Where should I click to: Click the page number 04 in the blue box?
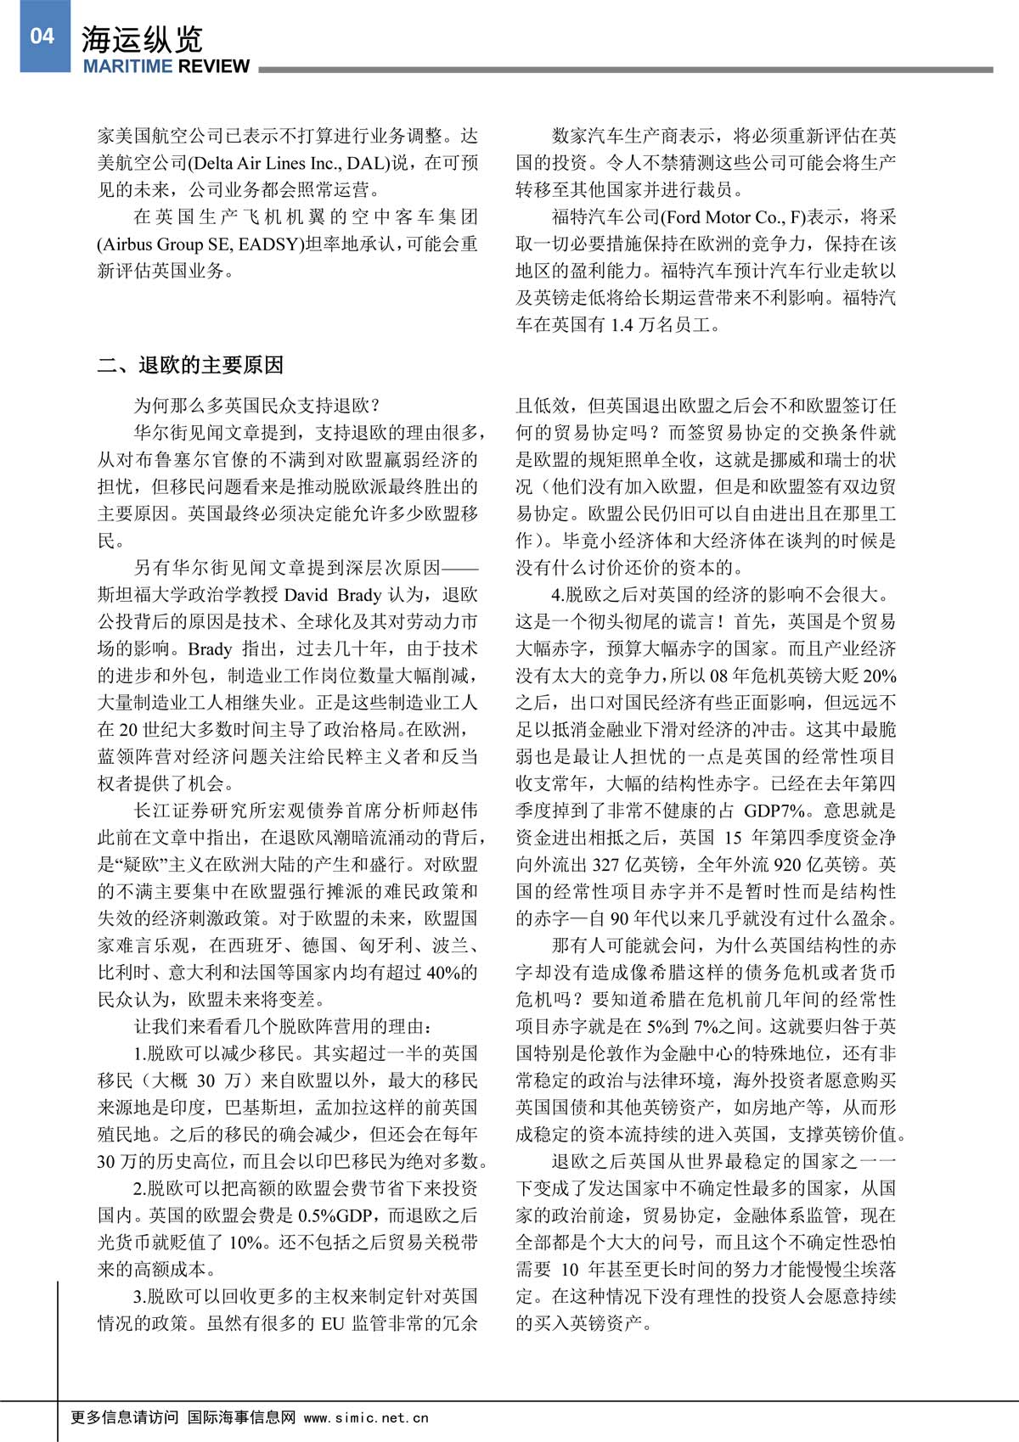click(x=42, y=35)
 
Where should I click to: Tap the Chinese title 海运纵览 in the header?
click(x=142, y=39)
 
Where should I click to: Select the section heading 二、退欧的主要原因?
click(x=190, y=366)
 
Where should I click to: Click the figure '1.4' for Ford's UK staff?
click(x=622, y=325)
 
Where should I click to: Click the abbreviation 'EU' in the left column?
click(x=332, y=1323)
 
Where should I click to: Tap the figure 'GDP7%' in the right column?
click(x=775, y=811)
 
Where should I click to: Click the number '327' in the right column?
click(x=605, y=865)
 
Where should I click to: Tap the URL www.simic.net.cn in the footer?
click(x=366, y=1417)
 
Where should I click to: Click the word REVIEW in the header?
click(x=212, y=67)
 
